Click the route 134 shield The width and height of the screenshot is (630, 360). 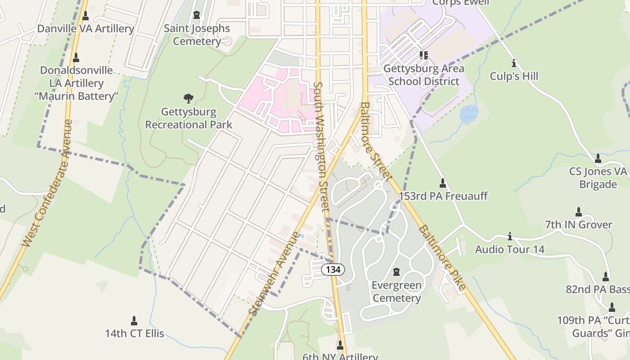(333, 270)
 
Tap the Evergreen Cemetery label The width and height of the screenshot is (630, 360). (396, 292)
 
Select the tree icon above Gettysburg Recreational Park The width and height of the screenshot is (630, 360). (189, 98)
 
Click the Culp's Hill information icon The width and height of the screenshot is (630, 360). (513, 63)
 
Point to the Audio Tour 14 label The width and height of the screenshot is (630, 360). (509, 249)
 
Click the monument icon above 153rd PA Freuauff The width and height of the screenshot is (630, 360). (442, 183)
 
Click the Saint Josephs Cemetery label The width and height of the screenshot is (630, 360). (197, 35)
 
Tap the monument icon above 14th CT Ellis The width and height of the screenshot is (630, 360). (134, 320)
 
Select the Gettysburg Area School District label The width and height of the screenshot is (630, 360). (423, 75)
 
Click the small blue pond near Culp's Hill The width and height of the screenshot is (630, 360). (468, 114)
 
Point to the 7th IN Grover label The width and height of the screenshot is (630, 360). (578, 225)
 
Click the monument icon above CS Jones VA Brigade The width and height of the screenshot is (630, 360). (598, 158)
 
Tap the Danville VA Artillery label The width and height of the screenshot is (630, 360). (85, 29)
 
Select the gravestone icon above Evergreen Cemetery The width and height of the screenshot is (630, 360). (396, 272)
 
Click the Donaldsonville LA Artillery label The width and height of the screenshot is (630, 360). (76, 83)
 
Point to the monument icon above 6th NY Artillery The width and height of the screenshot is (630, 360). (340, 345)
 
